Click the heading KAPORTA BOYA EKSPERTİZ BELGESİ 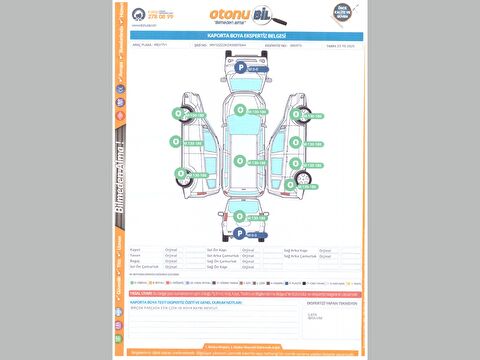pyautogui.click(x=239, y=34)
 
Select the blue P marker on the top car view pyautogui.click(x=238, y=66)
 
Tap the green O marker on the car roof pyautogui.click(x=239, y=159)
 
